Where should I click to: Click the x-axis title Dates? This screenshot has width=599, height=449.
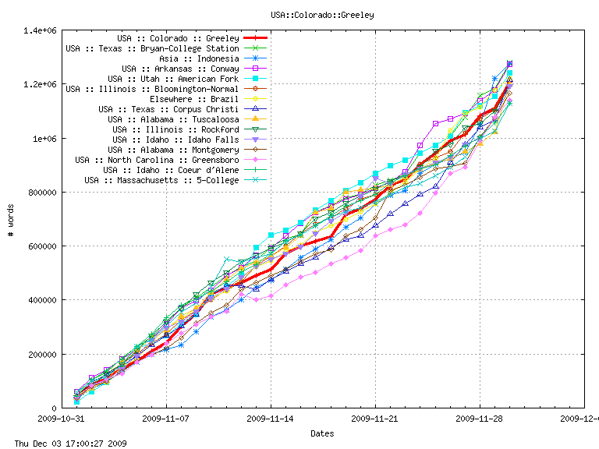click(322, 433)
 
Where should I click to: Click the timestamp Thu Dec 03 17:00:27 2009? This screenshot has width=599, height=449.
click(65, 444)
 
